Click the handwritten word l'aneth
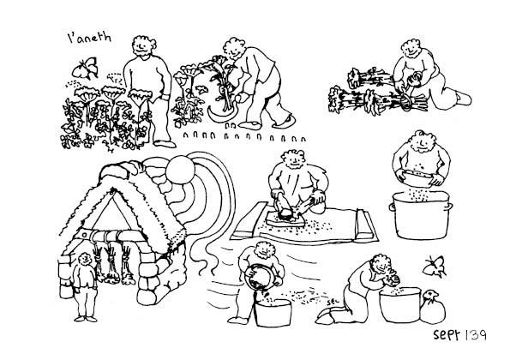pyautogui.click(x=89, y=38)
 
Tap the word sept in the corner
pyautogui.click(x=447, y=334)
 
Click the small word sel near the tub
pyautogui.click(x=333, y=302)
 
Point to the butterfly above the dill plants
pyautogui.click(x=85, y=68)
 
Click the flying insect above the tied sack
pyautogui.click(x=435, y=266)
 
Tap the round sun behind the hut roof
pyautogui.click(x=180, y=170)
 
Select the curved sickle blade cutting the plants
pyautogui.click(x=219, y=115)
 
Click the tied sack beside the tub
pyautogui.click(x=433, y=308)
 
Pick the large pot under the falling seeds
pyautogui.click(x=421, y=215)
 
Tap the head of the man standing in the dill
pyautogui.click(x=143, y=46)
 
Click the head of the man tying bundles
pyautogui.click(x=412, y=49)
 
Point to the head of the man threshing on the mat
pyautogui.click(x=294, y=159)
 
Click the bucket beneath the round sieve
pyautogui.click(x=273, y=313)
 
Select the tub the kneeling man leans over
pyautogui.click(x=400, y=305)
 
